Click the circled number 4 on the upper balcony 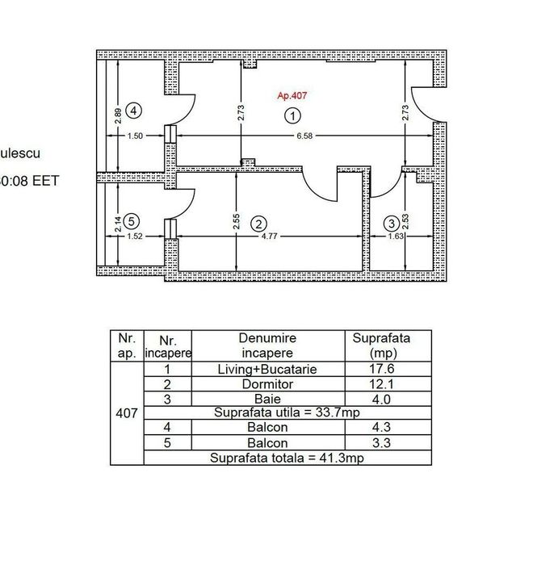coord(135,110)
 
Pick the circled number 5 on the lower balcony coord(133,219)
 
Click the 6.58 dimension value coord(304,136)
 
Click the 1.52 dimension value coord(136,237)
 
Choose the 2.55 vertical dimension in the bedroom coord(235,221)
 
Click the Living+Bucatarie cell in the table coord(266,369)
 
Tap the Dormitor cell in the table coord(266,383)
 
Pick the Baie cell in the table coord(266,398)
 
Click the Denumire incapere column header coord(266,345)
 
